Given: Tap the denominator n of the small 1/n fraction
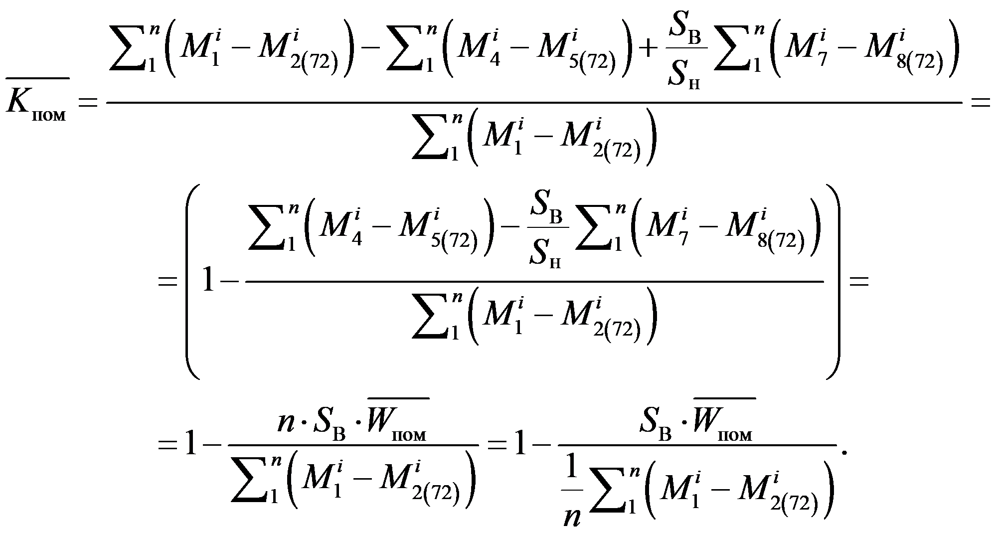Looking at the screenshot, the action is click(572, 519).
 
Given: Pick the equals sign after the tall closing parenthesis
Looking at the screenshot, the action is click(858, 282).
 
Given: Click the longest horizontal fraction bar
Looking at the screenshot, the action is click(534, 102).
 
